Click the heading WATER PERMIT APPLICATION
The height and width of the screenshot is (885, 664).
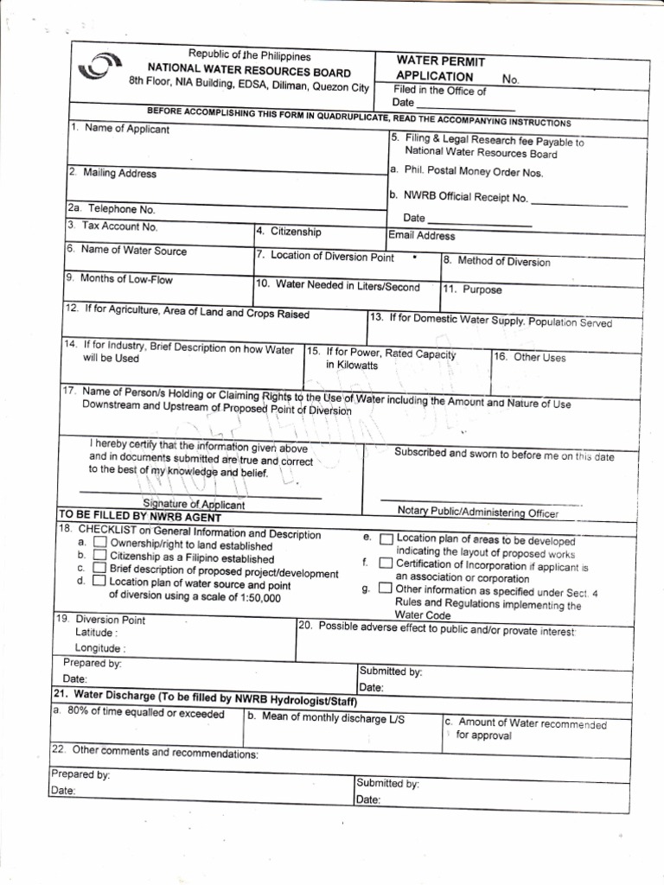click(440, 69)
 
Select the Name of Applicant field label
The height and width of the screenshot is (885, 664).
click(121, 130)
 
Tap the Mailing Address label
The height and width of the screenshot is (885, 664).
click(113, 174)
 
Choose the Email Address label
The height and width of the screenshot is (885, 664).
click(422, 235)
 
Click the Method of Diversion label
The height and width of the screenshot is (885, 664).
click(496, 261)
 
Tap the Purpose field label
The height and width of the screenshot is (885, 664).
click(472, 290)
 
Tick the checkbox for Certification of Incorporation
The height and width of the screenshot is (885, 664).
click(386, 564)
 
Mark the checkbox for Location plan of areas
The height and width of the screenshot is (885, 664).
click(386, 539)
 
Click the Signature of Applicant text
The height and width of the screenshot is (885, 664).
click(194, 505)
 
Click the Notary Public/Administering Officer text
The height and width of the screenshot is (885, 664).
click(478, 513)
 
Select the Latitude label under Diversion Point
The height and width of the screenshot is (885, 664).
click(96, 633)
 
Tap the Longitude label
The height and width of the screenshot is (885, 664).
click(99, 648)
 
